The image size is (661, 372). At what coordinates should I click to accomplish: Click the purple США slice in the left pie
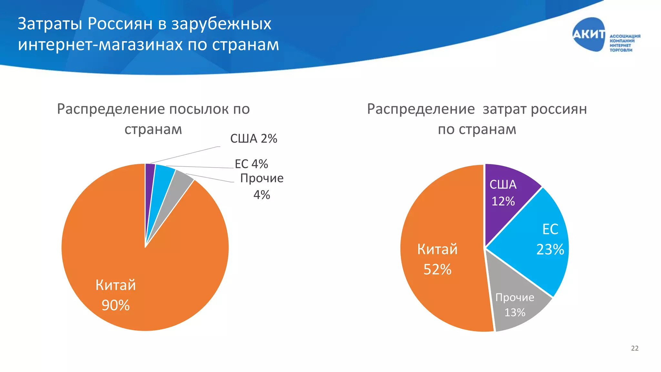[x=149, y=181]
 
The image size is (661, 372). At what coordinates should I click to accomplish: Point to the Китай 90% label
[x=116, y=295]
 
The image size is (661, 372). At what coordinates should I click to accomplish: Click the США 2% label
[x=254, y=139]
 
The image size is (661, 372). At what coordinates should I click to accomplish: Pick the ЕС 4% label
[x=251, y=164]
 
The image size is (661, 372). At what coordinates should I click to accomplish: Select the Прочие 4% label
[x=262, y=186]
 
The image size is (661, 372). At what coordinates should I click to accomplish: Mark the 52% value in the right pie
[x=437, y=269]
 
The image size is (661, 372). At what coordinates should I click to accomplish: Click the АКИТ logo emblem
[x=589, y=34]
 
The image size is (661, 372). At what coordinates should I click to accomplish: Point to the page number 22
[x=635, y=348]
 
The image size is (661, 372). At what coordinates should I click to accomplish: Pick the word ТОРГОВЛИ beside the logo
[x=621, y=50]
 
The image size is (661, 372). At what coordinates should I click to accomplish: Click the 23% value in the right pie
[x=550, y=250]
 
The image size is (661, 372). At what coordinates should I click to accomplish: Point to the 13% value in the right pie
[x=515, y=313]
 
